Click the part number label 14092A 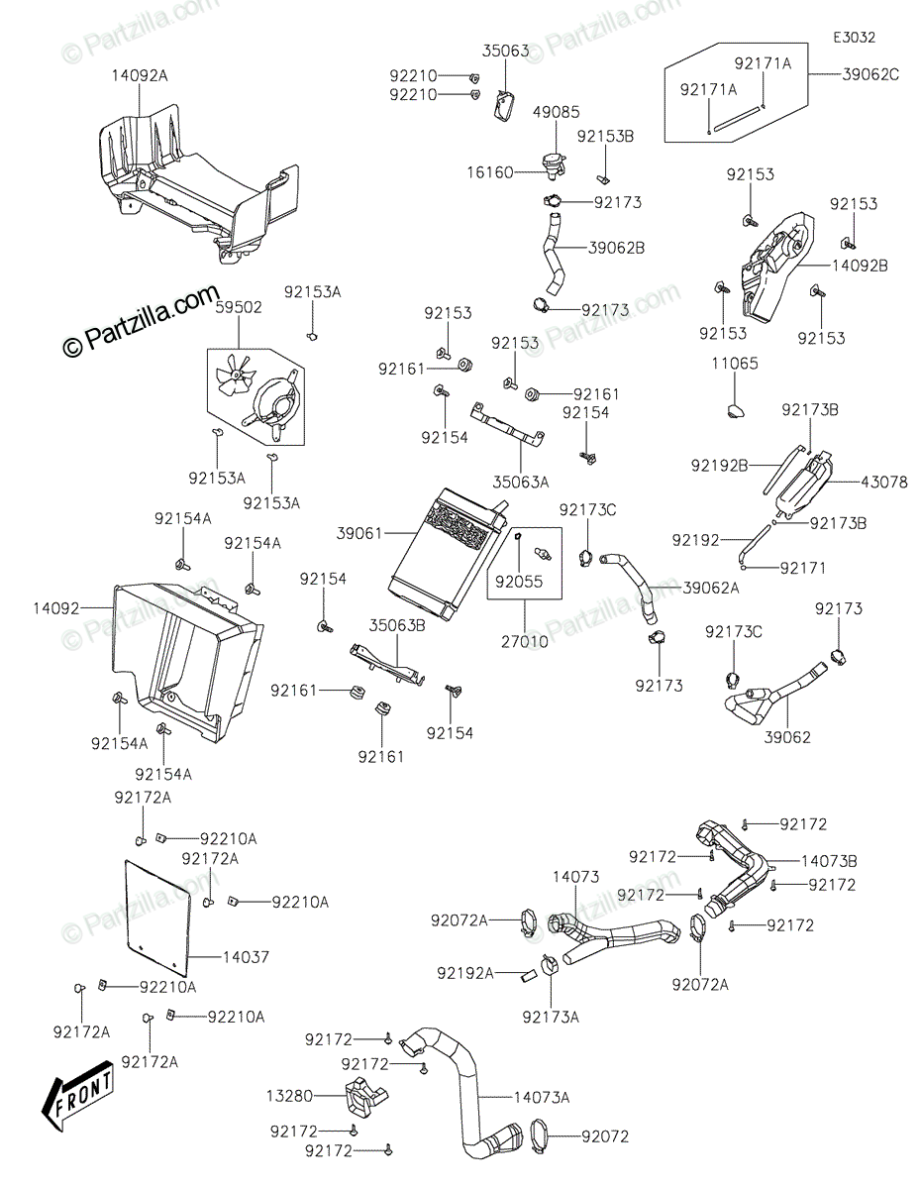point(139,73)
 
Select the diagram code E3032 point(854,38)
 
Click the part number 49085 point(557,113)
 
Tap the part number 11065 point(735,364)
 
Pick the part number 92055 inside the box point(519,583)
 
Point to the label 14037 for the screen point(246,957)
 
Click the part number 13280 point(288,1096)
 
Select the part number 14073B point(829,861)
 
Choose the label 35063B point(397,625)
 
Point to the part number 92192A point(464,973)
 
